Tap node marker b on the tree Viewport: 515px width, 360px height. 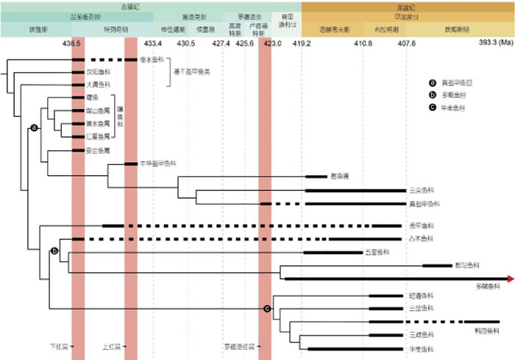point(53,252)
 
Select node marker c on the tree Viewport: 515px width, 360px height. point(266,308)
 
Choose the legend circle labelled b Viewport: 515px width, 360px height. point(433,96)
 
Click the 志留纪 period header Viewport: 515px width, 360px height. point(152,4)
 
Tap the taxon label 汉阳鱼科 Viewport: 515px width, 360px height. point(98,72)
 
